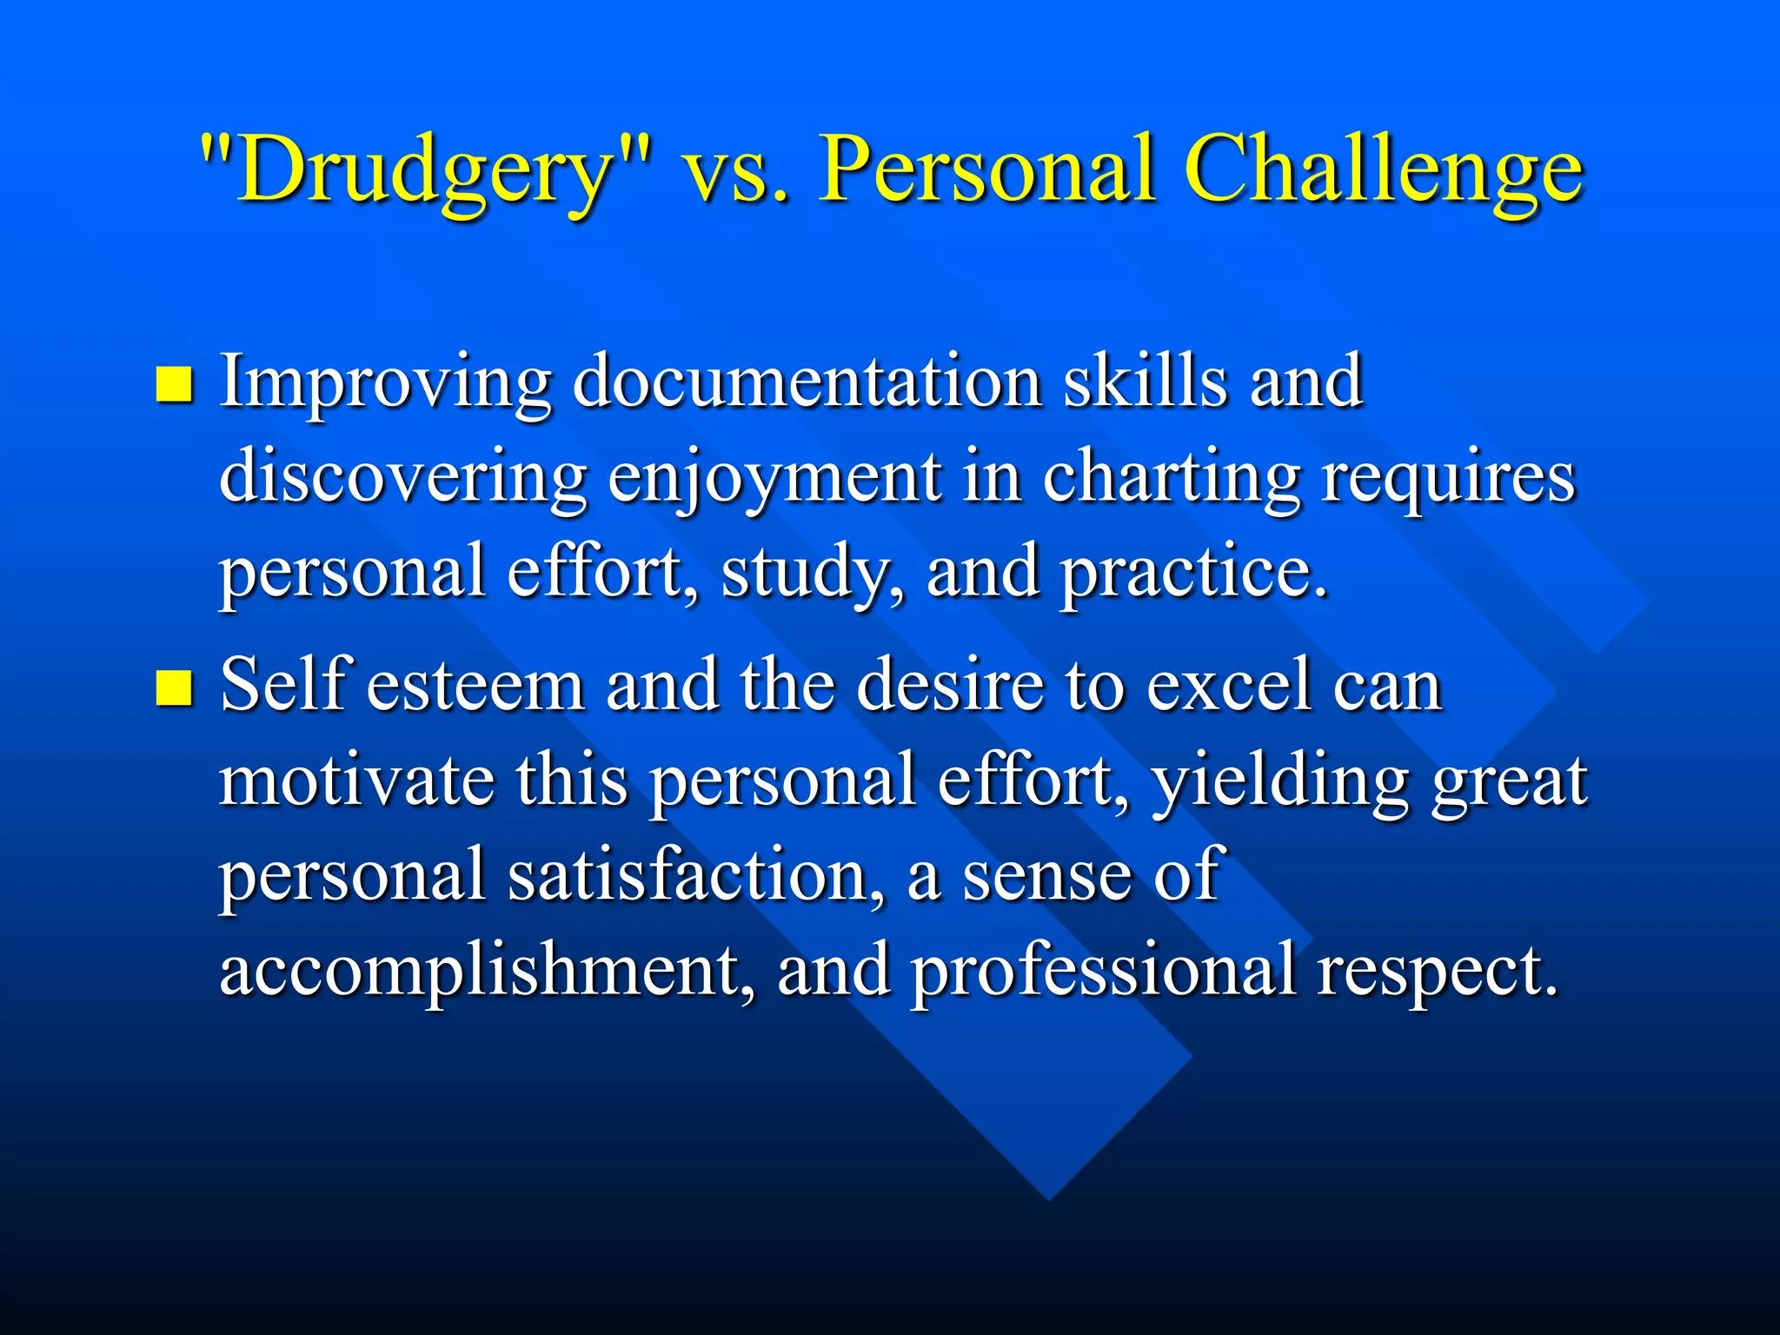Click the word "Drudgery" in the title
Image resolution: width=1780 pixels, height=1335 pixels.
(426, 169)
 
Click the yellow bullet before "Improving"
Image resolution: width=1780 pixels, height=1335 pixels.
(174, 384)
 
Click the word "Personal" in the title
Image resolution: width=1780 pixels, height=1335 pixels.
(987, 169)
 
